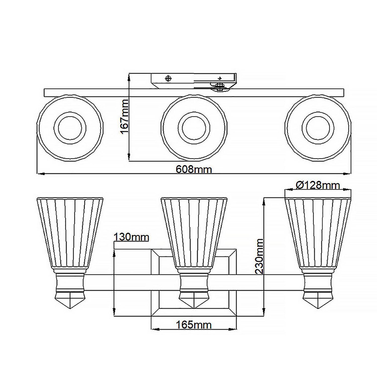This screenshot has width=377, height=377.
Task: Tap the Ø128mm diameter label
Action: click(x=318, y=185)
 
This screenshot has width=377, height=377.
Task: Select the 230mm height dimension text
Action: click(x=259, y=256)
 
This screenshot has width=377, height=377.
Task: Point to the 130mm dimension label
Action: click(x=131, y=237)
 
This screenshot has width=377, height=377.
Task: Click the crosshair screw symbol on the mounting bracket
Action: click(x=168, y=78)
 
